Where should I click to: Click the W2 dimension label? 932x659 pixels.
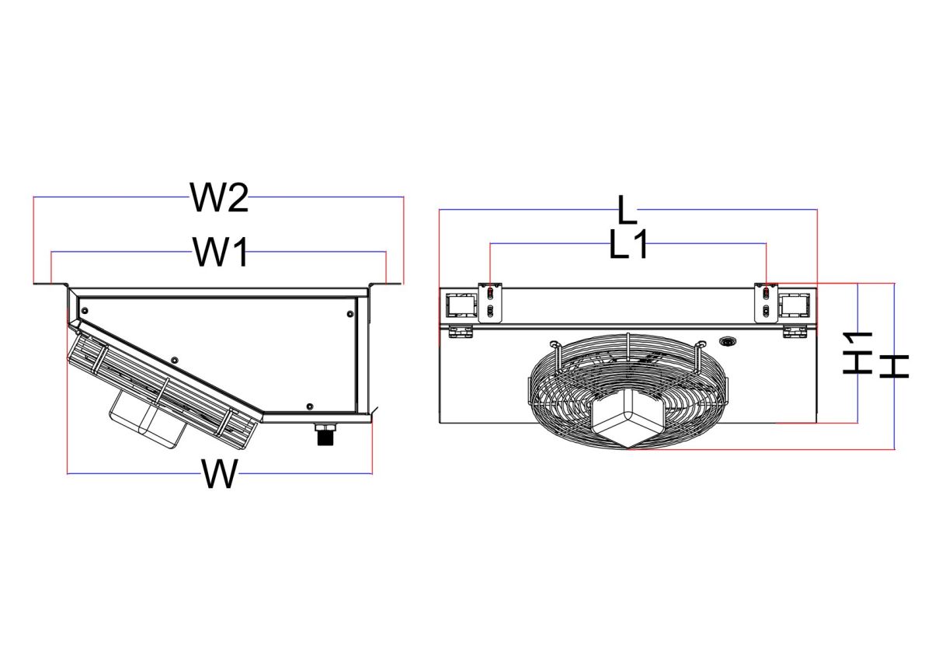click(219, 197)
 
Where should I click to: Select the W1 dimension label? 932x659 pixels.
click(220, 252)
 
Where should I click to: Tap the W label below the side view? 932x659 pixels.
click(220, 473)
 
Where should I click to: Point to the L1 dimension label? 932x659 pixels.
click(628, 244)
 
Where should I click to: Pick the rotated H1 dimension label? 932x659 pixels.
click(857, 353)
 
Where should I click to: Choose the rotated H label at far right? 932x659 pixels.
click(894, 366)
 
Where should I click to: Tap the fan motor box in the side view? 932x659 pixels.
click(147, 420)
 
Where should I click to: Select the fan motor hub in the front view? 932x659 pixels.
click(628, 420)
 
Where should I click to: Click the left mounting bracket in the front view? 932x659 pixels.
click(491, 302)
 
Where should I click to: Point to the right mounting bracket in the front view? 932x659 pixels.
click(766, 302)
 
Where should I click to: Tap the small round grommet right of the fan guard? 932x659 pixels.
click(727, 342)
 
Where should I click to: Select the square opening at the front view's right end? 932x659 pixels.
click(795, 305)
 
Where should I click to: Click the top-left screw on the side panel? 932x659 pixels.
click(85, 310)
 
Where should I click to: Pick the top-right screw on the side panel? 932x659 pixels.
click(350, 313)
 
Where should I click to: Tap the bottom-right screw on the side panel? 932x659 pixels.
click(309, 406)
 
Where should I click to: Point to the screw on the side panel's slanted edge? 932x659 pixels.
click(174, 360)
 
